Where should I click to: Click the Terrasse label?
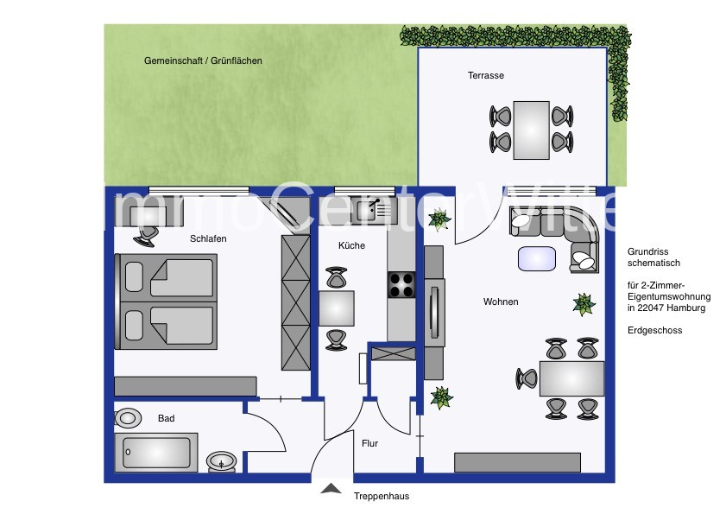click(486, 75)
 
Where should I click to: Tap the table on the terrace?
click(531, 130)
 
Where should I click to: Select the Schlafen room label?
click(208, 238)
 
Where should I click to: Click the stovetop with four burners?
click(401, 284)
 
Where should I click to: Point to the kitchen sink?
click(374, 211)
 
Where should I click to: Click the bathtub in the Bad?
click(156, 453)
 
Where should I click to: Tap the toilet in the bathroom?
click(128, 418)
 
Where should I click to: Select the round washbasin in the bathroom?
click(221, 461)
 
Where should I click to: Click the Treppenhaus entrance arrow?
click(331, 488)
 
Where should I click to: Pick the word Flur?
click(369, 443)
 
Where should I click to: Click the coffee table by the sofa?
click(537, 258)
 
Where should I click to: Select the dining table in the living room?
click(571, 378)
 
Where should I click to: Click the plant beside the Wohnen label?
click(584, 304)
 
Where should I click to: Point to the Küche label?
click(351, 245)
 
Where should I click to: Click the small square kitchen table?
click(336, 308)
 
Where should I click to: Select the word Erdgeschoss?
click(654, 331)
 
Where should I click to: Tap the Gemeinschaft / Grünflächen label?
click(203, 60)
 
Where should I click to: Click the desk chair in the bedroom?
click(146, 236)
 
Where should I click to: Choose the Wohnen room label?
click(501, 301)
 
